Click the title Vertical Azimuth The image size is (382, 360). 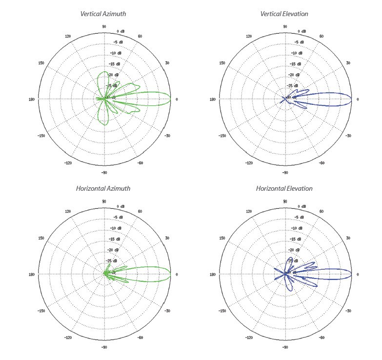point(104,14)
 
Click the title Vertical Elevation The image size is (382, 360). point(284,14)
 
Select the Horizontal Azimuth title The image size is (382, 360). point(103,188)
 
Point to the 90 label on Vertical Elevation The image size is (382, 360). point(285,26)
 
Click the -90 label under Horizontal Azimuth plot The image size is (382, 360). point(104,347)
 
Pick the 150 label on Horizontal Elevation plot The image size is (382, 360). point(222,238)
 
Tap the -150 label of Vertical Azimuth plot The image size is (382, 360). point(41,136)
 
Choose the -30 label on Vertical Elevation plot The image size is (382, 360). point(348,136)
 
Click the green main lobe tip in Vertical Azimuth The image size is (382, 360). point(170,99)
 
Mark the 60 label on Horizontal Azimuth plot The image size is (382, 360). point(140,211)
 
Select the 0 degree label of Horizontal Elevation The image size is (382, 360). point(357,274)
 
